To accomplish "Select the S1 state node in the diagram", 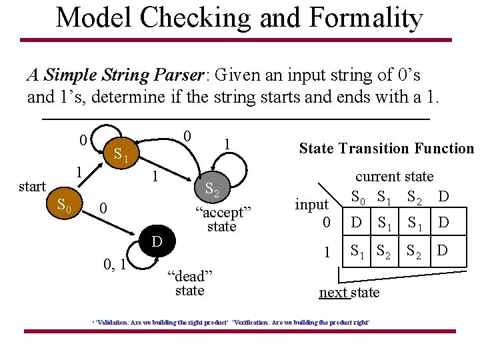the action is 120,155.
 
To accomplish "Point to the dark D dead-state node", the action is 157,241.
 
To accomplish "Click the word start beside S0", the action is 32,187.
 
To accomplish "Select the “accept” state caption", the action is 222,219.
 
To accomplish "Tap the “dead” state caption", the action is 189,283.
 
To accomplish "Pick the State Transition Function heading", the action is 386,149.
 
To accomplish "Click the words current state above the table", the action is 394,177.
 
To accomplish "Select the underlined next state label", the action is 349,293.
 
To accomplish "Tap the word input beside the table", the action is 312,205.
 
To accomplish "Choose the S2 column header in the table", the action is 414,198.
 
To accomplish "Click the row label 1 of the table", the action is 327,252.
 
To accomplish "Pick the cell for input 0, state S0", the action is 357,222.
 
